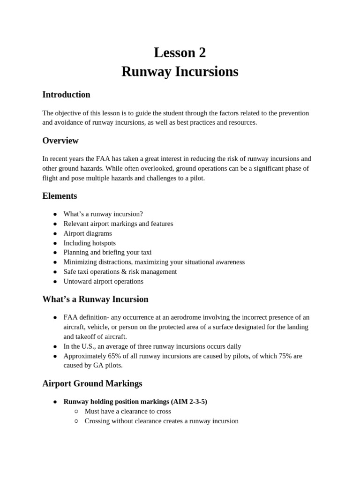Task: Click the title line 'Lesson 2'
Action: [x=180, y=53]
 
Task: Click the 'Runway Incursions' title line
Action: [x=180, y=72]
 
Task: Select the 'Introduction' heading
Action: [x=66, y=95]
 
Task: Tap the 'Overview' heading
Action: [x=60, y=141]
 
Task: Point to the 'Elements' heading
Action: [x=60, y=196]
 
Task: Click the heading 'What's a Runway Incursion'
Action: [x=95, y=299]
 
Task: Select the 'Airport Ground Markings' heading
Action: [x=92, y=383]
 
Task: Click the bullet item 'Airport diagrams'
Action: [x=88, y=233]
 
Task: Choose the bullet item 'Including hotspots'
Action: [x=90, y=243]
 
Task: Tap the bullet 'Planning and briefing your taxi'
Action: [x=107, y=252]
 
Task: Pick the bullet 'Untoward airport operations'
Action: [x=103, y=281]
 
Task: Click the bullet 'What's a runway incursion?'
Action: [x=103, y=214]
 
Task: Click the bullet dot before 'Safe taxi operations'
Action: [x=55, y=272]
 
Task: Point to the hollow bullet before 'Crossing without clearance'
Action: [x=76, y=421]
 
